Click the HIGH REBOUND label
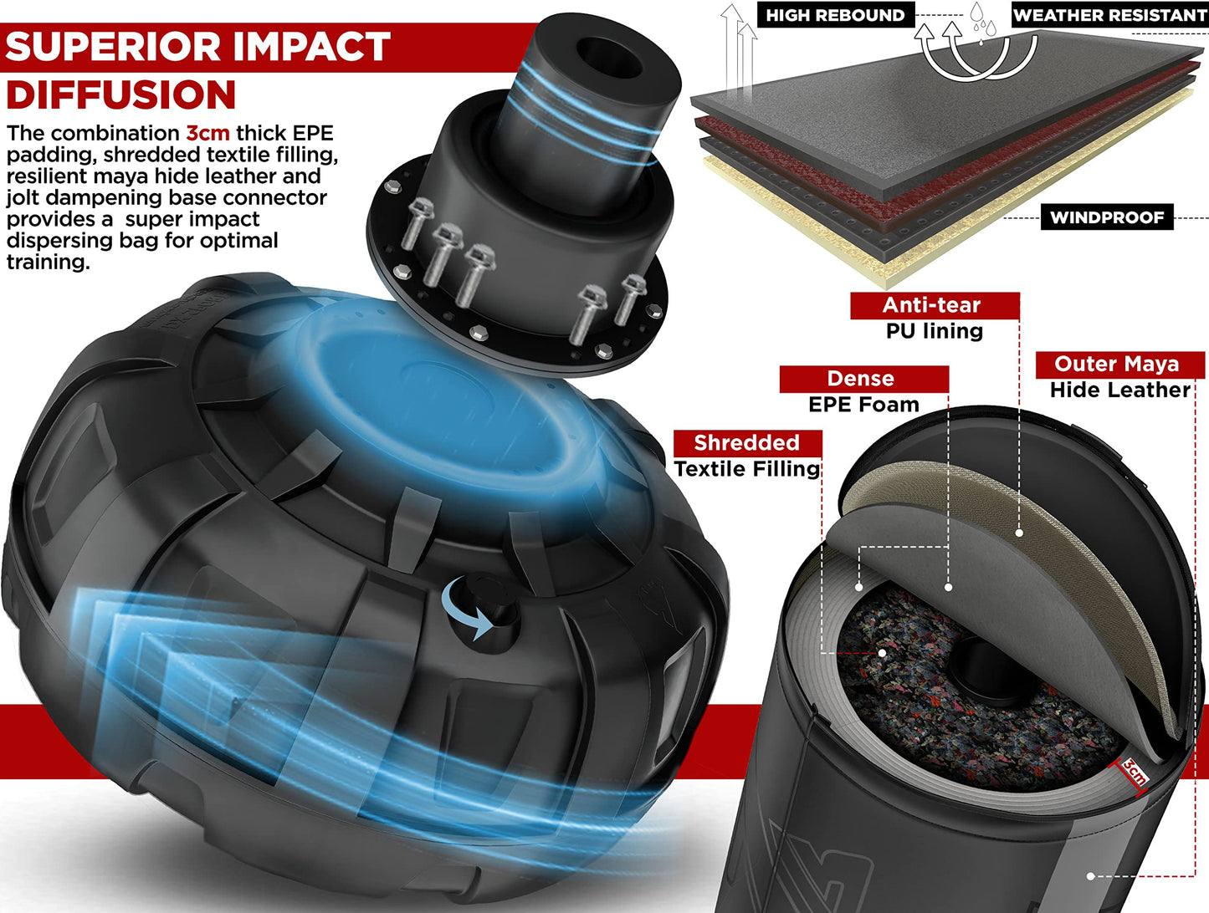point(836,15)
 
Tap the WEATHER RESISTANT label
point(1110,15)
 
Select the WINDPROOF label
point(1107,217)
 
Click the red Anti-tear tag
point(935,305)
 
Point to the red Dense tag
point(864,380)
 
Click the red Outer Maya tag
point(1119,365)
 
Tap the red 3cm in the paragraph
point(207,133)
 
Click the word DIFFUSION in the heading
point(121,94)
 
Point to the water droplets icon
point(982,22)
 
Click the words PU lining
point(935,331)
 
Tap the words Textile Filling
point(747,469)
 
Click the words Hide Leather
point(1119,390)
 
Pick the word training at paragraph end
point(48,263)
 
